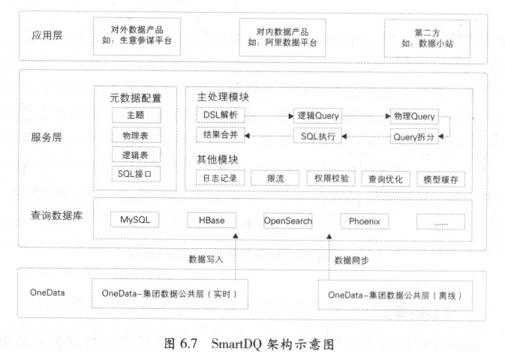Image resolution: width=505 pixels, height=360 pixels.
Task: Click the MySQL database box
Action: coord(136,220)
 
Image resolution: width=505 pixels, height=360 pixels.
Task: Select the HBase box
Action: coord(212,220)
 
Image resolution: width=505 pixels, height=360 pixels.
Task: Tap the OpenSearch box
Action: coord(287,220)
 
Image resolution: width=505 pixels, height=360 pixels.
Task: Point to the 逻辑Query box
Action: coord(317,116)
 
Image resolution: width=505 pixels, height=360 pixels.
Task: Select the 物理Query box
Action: coord(411,116)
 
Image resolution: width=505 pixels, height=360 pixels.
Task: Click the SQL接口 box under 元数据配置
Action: coord(136,175)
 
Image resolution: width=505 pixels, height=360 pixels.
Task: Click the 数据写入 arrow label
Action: coord(206,258)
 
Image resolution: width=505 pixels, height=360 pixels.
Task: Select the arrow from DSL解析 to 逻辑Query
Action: coord(268,116)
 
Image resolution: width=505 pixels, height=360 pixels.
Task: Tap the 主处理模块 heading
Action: coord(223,98)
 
